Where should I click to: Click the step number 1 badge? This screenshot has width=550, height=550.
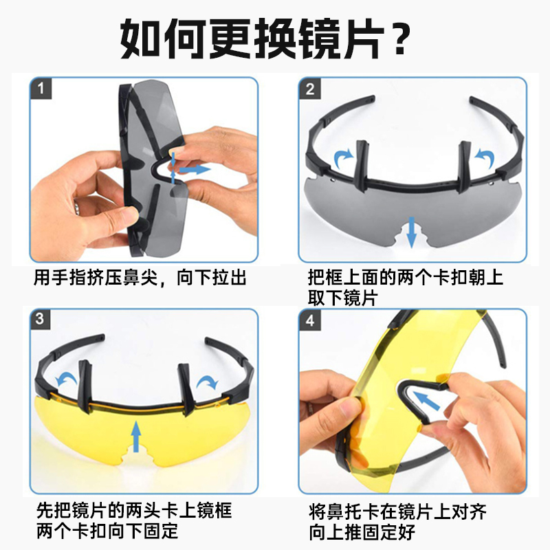(x=41, y=89)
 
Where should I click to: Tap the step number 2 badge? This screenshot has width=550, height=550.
(x=310, y=89)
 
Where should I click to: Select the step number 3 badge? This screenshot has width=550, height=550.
(x=40, y=319)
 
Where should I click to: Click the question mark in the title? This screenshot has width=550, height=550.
(x=401, y=38)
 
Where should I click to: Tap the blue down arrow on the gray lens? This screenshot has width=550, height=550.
(x=411, y=232)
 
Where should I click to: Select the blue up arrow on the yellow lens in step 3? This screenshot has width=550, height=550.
(x=136, y=436)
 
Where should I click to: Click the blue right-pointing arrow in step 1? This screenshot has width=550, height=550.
(x=195, y=169)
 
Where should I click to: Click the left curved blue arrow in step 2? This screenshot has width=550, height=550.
(x=343, y=159)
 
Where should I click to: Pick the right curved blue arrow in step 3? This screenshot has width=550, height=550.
(x=208, y=383)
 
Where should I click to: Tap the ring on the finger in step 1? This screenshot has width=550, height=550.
(x=77, y=207)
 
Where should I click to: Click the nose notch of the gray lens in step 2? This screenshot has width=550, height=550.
(x=410, y=239)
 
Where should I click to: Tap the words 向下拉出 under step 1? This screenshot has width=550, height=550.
(x=212, y=278)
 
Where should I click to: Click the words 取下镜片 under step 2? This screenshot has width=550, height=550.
(x=342, y=298)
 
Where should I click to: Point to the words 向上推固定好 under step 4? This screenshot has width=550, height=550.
(x=362, y=532)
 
